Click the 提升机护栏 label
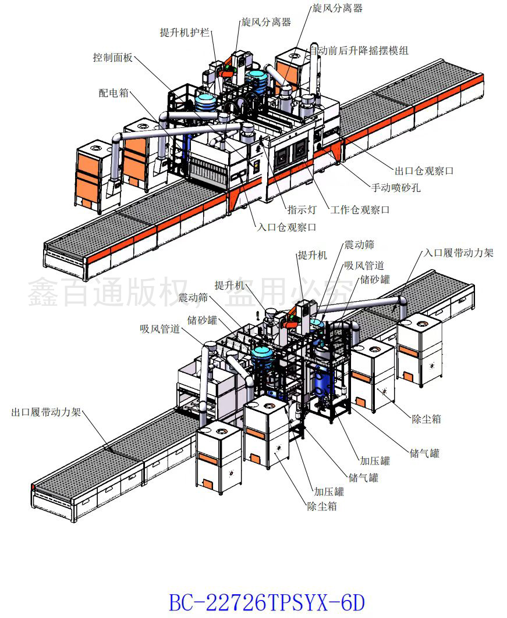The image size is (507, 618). coord(185,33)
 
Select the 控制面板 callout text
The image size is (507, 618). coord(113,58)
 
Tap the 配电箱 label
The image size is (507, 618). coord(114,93)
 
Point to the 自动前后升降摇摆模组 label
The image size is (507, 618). coord(359,51)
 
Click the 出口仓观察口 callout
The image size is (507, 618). coord(424,171)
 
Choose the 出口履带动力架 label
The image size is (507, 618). coord(47,413)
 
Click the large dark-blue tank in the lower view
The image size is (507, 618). coord(322,381)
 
